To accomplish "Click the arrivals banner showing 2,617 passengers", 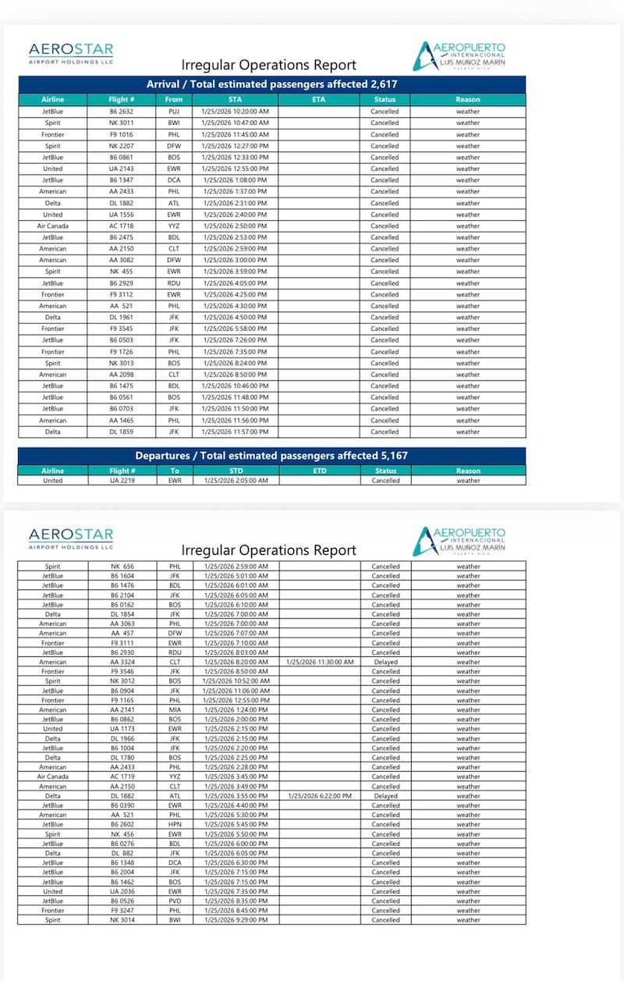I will [x=271, y=84].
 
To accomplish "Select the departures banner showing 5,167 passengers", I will [x=271, y=456].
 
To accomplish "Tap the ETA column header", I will [x=318, y=100].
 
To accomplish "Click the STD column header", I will [x=236, y=471].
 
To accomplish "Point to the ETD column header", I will [x=319, y=471].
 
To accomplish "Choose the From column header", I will [x=174, y=100].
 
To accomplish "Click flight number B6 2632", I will [x=122, y=112].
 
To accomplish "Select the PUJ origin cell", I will [x=174, y=112].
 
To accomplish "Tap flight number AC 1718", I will [x=122, y=226].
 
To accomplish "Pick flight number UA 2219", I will [x=122, y=481].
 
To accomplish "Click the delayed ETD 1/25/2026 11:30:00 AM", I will [x=320, y=662].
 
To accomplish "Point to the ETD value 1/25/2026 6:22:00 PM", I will [x=320, y=796].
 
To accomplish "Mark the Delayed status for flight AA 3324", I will [x=385, y=662].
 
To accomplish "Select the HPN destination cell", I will [x=174, y=825].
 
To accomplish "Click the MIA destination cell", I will [x=174, y=710].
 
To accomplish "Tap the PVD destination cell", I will [x=174, y=901].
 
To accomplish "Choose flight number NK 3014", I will [x=122, y=920].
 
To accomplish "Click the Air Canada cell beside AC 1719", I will [x=53, y=777].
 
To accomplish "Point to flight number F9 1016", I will [x=122, y=134].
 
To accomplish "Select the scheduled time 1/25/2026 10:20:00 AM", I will [x=235, y=112].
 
